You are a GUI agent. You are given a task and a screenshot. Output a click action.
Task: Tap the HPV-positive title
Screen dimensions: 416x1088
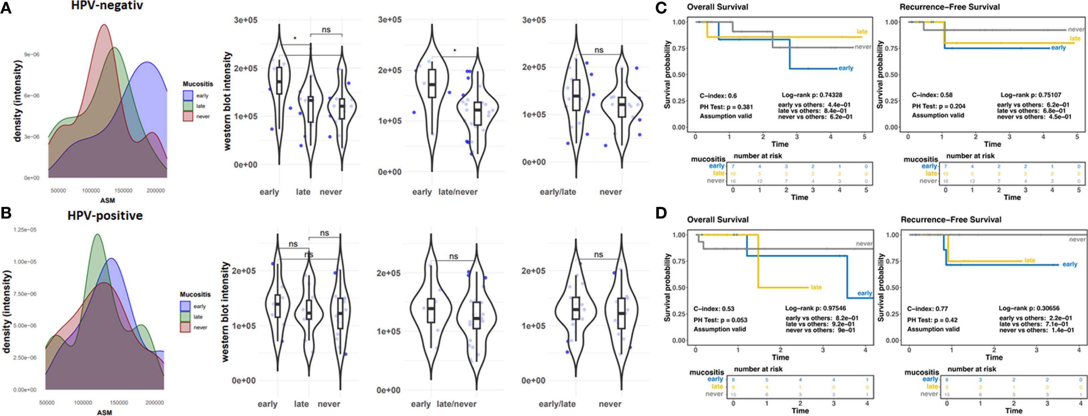click(x=105, y=216)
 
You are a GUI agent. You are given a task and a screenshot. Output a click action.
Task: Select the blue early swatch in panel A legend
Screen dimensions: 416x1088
click(x=188, y=95)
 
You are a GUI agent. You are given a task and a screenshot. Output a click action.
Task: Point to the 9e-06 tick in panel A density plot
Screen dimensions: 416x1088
click(x=32, y=55)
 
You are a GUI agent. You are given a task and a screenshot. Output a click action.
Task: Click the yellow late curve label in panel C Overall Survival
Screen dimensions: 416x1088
click(x=862, y=32)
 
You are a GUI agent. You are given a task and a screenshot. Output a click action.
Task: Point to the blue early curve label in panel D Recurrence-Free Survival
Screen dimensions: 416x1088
click(x=1070, y=264)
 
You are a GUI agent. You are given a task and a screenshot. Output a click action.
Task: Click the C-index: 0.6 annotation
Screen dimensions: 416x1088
click(x=718, y=96)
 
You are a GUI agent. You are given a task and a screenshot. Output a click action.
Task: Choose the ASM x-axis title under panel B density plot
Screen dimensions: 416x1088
click(x=104, y=413)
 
